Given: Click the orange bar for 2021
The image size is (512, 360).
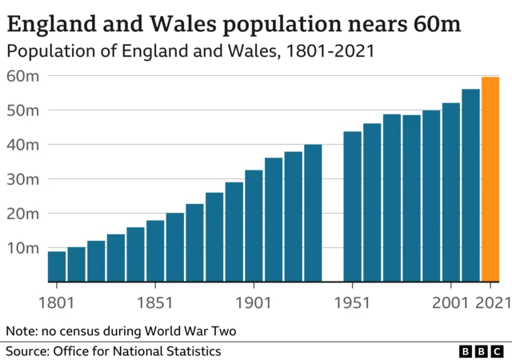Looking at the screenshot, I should [x=490, y=179].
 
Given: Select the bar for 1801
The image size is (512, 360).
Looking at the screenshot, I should [x=57, y=266].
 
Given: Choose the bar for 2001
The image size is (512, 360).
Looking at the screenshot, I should [x=451, y=192].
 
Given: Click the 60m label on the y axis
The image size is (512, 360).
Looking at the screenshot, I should [x=22, y=76].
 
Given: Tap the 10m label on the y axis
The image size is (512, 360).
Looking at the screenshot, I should [x=22, y=248].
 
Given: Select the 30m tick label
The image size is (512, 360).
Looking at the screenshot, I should [x=22, y=179].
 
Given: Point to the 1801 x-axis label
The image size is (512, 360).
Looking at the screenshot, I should [x=57, y=303].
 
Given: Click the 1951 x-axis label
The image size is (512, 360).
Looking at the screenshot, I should [x=352, y=303].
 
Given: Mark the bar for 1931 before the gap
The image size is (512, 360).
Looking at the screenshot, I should [x=313, y=213].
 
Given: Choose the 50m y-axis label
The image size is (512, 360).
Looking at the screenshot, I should [x=22, y=110].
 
